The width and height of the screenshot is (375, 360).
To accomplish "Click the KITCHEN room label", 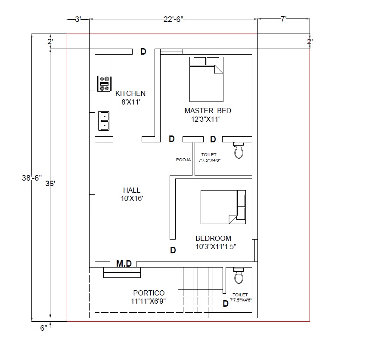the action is [130, 93].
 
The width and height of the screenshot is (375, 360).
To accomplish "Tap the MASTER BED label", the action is [208, 111].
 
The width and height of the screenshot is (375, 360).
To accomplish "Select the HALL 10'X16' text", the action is [132, 194].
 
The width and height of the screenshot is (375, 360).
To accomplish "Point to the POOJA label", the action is [183, 160].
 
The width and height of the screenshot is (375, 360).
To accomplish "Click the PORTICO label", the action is [149, 293].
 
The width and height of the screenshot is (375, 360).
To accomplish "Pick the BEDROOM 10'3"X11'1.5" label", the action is [216, 242].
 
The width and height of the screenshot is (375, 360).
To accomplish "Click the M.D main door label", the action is [124, 264].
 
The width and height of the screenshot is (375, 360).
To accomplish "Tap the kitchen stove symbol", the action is [104, 83].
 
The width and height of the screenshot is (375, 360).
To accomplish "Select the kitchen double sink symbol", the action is [104, 121].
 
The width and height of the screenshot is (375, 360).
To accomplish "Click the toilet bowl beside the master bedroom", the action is [239, 150].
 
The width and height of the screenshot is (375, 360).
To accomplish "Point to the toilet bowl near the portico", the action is [239, 275].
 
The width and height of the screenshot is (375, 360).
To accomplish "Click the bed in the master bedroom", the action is [206, 79].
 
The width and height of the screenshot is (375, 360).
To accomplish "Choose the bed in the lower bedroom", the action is [223, 207].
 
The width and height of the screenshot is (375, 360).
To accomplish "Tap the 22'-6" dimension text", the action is [174, 19].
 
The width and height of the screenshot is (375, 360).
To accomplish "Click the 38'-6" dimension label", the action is [32, 178].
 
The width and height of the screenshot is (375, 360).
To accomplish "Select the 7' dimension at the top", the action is [284, 18].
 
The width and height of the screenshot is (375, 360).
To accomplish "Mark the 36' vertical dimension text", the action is [50, 184].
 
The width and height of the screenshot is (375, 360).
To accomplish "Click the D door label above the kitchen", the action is [143, 52].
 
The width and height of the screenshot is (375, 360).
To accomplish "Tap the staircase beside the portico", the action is [200, 290].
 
